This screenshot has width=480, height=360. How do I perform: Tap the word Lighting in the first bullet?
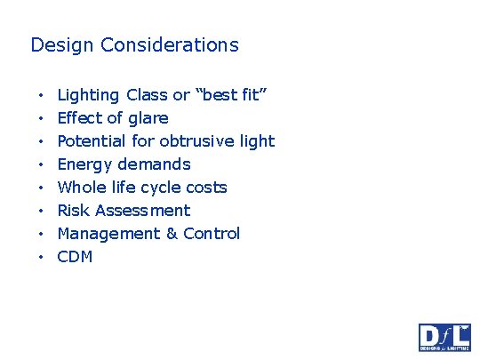pyautogui.click(x=88, y=95)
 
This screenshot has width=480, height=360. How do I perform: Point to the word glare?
pyautogui.click(x=148, y=118)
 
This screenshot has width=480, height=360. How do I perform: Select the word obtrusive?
pyautogui.click(x=201, y=141)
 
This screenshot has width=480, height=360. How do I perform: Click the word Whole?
pyautogui.click(x=82, y=188)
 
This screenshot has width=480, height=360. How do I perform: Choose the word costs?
pyautogui.click(x=206, y=188)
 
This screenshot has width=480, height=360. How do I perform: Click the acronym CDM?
pyautogui.click(x=75, y=257)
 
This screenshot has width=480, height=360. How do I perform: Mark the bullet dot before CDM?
pyautogui.click(x=41, y=258)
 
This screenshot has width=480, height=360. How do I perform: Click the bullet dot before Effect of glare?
pyautogui.click(x=41, y=119)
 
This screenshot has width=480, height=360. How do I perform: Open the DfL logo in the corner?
pyautogui.click(x=444, y=337)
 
